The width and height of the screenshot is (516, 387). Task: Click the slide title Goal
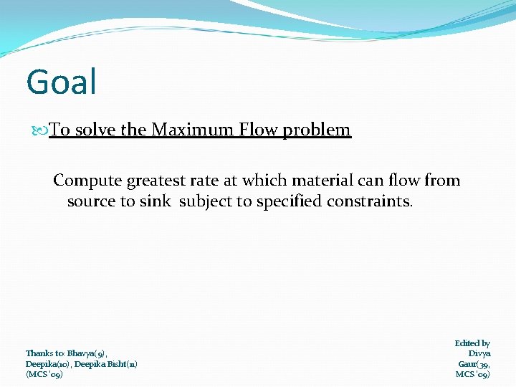coord(61,82)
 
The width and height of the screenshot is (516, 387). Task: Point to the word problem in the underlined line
coord(317,130)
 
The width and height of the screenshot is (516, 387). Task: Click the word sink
coord(156,201)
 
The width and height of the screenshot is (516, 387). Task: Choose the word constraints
coord(370,201)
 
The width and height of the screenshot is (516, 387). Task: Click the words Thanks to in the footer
coord(45,353)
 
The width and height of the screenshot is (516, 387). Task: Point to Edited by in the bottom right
coord(472,343)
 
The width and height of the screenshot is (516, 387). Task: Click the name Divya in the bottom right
coord(479,353)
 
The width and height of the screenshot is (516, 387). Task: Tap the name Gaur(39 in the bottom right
coord(474,364)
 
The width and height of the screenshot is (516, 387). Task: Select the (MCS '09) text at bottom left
coord(44,374)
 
